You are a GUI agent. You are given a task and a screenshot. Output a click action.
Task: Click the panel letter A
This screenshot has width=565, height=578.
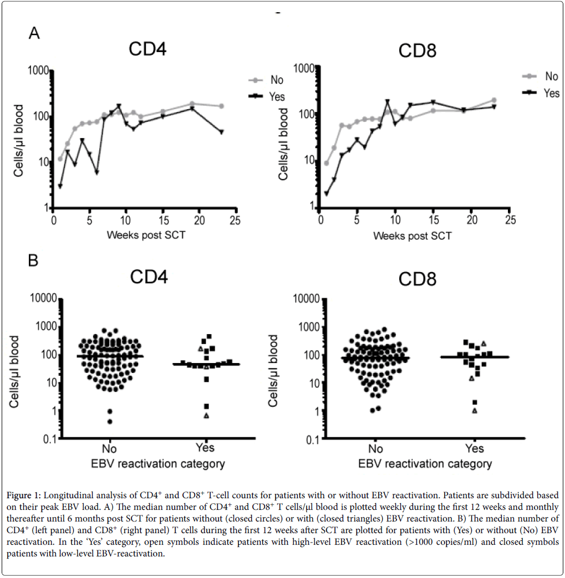tap(34, 34)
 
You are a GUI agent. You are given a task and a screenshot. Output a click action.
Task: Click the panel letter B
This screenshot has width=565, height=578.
tap(33, 260)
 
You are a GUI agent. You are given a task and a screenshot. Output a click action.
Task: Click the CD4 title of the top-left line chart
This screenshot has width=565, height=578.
tap(147, 49)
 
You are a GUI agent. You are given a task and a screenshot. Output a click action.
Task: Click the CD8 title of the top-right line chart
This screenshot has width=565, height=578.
tap(417, 51)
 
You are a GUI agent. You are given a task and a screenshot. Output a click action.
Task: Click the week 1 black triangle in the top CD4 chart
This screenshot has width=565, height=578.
tap(60, 186)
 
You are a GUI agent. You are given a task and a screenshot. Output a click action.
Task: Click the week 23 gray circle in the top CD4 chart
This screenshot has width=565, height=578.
tap(221, 106)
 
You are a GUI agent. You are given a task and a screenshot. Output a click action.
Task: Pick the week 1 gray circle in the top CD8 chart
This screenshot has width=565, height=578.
tap(327, 163)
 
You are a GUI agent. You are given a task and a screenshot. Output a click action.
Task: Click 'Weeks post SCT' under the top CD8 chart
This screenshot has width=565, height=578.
tap(412, 236)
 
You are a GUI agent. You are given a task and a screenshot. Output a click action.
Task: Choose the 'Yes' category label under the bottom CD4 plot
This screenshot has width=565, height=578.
tap(205, 448)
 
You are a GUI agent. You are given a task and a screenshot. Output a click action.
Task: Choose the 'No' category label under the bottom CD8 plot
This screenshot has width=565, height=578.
tap(376, 448)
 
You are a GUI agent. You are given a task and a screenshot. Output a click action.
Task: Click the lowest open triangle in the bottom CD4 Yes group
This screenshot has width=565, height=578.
tap(206, 416)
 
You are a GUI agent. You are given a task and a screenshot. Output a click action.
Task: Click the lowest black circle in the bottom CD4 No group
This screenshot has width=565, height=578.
tap(110, 422)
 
